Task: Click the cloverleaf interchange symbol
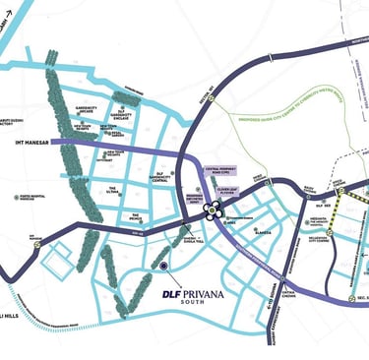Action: [x=209, y=210]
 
